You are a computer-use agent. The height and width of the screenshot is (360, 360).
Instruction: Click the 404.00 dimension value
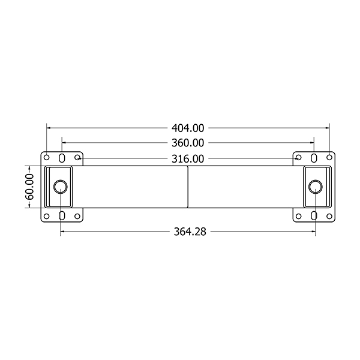coord(188,128)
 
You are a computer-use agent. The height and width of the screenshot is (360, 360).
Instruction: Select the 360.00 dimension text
coord(188,143)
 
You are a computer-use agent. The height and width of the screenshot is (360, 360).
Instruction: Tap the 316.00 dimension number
coord(188,159)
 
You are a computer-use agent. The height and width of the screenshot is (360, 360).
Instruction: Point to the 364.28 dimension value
coord(190,232)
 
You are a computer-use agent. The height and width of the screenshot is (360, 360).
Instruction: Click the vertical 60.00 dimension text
coord(29,187)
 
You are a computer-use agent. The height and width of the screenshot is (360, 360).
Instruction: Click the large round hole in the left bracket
coord(61,187)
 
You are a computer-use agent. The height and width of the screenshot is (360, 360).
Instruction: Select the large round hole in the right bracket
coord(316,187)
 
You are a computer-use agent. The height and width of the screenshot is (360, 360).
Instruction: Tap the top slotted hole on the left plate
coord(62,158)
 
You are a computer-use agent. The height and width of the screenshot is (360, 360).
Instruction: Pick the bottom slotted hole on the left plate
coord(62,216)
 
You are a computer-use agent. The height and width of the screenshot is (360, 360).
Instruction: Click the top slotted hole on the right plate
coord(314,158)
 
